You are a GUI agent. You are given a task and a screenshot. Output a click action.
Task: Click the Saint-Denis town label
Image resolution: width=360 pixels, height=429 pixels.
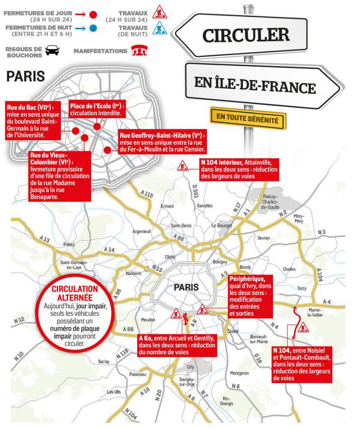tap(181, 225)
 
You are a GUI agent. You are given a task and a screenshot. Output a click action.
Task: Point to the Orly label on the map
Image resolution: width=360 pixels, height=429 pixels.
tap(191, 367)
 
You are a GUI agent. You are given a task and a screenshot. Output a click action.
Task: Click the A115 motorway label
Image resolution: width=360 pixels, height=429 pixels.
tap(147, 195)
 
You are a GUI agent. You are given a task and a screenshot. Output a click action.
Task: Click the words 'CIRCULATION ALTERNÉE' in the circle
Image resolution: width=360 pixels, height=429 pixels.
tap(75, 293)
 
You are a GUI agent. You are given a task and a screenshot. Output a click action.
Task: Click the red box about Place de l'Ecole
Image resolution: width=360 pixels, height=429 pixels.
tap(97, 110)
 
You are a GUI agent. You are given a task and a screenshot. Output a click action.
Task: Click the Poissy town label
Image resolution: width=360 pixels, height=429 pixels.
tap(69, 244)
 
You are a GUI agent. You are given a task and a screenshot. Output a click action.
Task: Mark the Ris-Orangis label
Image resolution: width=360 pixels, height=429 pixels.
tap(227, 401)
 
